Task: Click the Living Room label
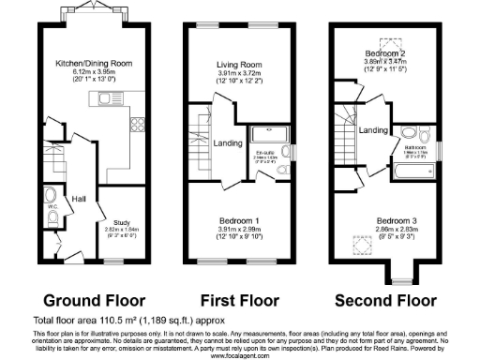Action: tap(237, 66)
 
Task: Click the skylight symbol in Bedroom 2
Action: tap(384, 42)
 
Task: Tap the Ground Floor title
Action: tap(95, 301)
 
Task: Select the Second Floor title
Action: tap(384, 301)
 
